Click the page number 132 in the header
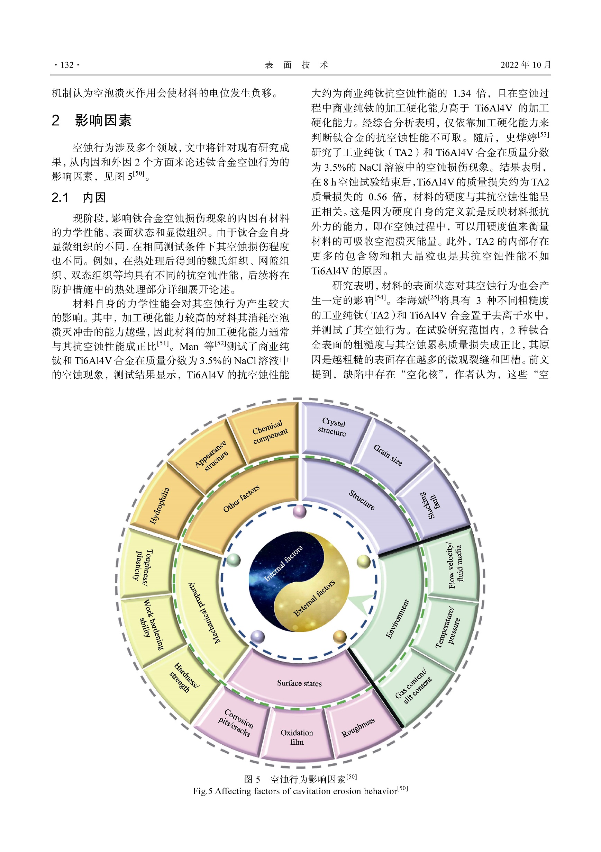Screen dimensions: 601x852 [x=67, y=65]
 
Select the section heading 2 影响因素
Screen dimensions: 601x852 [x=92, y=120]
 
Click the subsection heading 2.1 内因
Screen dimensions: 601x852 [x=79, y=197]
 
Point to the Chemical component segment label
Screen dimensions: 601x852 [x=270, y=432]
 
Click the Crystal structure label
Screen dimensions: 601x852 [x=332, y=427]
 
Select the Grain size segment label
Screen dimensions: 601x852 [x=388, y=455]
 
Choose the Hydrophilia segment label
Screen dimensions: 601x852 [x=160, y=505]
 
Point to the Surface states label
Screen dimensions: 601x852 [x=299, y=683]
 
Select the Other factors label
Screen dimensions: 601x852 [x=241, y=499]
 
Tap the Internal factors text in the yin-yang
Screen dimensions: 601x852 [x=283, y=563]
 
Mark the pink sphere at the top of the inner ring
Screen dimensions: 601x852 [x=300, y=511]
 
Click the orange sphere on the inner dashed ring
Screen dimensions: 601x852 [x=340, y=637]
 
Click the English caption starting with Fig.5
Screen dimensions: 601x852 [x=300, y=791]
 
